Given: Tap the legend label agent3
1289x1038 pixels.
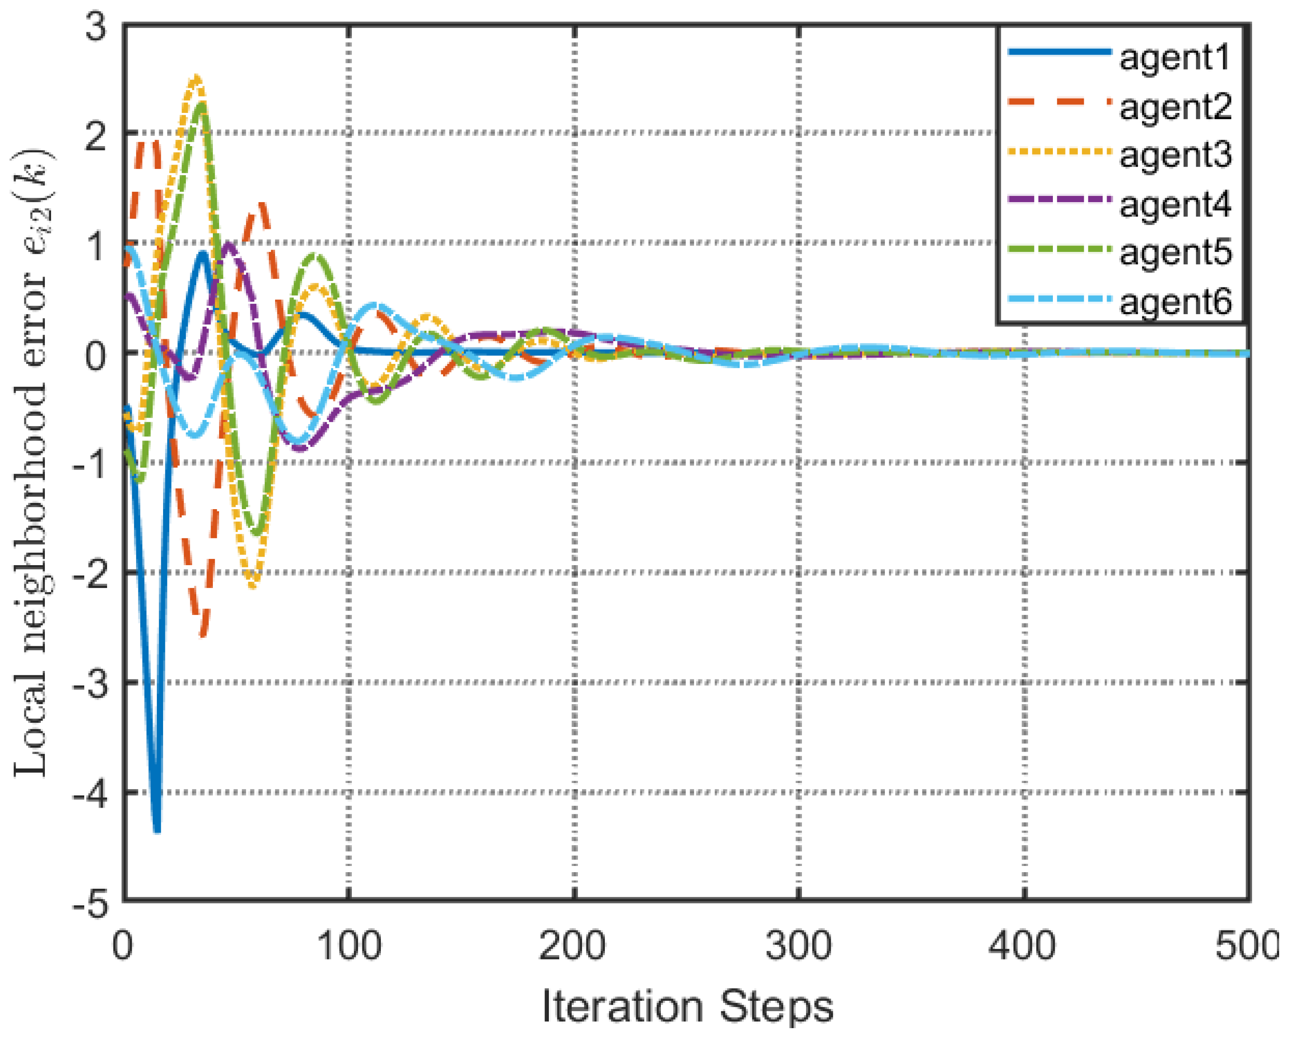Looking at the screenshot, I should pyautogui.click(x=1175, y=156).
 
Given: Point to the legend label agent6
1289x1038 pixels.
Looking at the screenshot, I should pyautogui.click(x=1175, y=303).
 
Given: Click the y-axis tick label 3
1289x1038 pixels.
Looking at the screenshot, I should pyautogui.click(x=96, y=26).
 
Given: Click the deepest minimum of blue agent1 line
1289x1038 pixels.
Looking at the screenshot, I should pyautogui.click(x=157, y=830).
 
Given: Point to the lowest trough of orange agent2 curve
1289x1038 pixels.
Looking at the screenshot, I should pyautogui.click(x=203, y=635).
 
